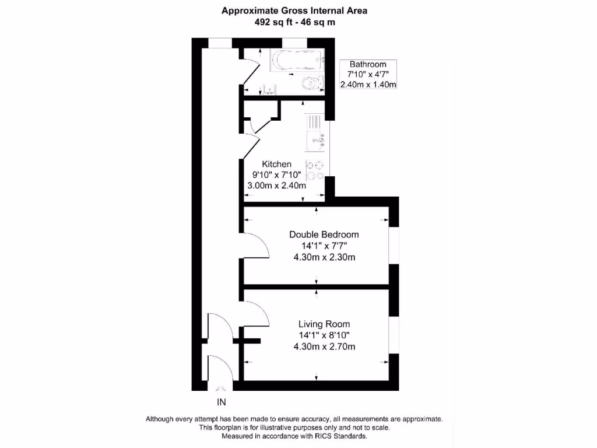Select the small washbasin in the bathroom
(x=269, y=89)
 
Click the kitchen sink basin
(x=317, y=140)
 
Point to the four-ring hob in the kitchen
(x=315, y=170)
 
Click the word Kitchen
(x=276, y=164)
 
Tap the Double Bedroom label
(x=324, y=235)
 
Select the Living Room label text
(x=324, y=324)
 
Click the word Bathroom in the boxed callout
(x=368, y=64)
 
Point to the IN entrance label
(x=221, y=402)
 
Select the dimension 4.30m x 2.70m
(x=324, y=346)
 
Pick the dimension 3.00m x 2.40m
(x=276, y=186)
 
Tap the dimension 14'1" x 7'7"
(x=324, y=246)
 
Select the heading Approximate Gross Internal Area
(x=294, y=10)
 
